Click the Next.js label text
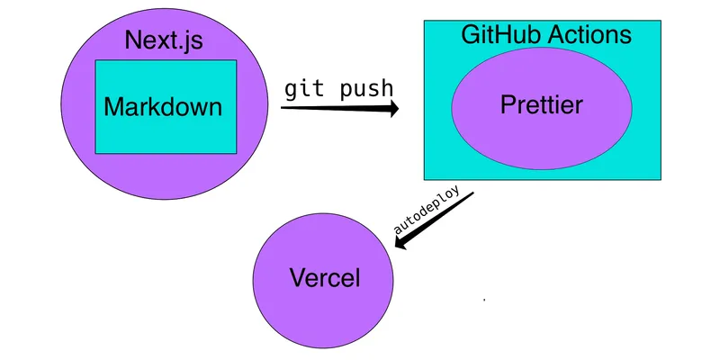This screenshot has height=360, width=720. tap(166, 40)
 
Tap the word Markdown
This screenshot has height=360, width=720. tap(163, 107)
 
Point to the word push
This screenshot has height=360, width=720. tap(364, 89)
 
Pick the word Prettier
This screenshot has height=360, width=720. tap(542, 105)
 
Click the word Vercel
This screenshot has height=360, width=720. tap(324, 278)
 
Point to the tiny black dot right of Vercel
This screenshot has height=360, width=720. tap(485, 299)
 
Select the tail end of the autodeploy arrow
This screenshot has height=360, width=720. tap(471, 196)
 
